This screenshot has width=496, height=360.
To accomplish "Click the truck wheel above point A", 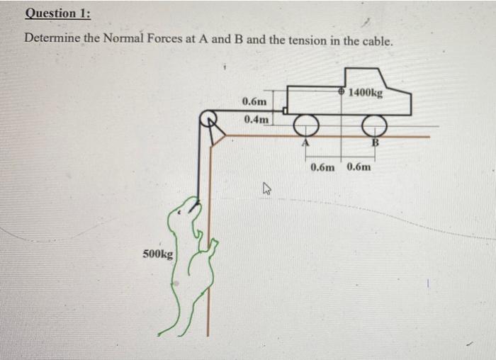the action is [306, 125].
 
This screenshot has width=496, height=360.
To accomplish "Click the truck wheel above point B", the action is [373, 125].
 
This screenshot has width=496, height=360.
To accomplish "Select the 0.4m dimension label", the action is [256, 119].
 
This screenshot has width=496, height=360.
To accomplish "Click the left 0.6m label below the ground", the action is [322, 167].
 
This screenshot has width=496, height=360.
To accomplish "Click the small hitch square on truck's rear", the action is [284, 111].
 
